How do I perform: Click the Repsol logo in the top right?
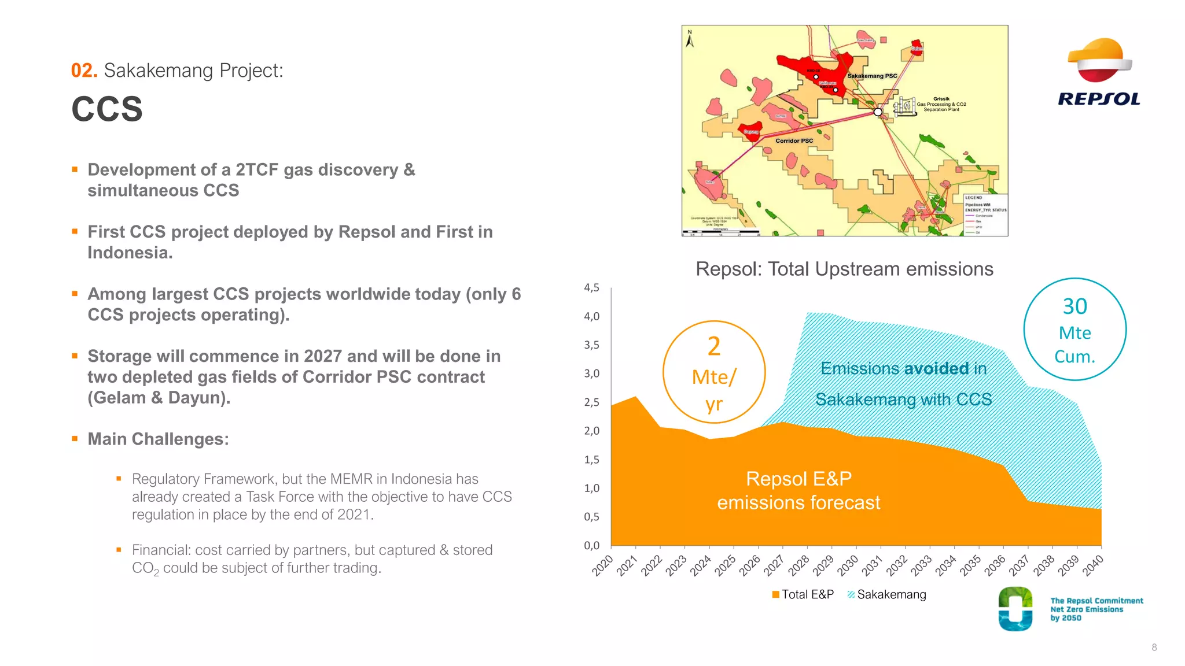pyautogui.click(x=1099, y=72)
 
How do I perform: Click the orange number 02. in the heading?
pyautogui.click(x=84, y=71)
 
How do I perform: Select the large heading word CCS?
pyautogui.click(x=107, y=109)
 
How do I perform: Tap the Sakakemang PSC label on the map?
pyautogui.click(x=872, y=76)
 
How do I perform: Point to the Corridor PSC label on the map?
pyautogui.click(x=794, y=140)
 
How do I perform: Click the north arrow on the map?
pyautogui.click(x=690, y=39)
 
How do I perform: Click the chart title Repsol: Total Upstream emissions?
pyautogui.click(x=844, y=269)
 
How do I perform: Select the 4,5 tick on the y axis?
pyautogui.click(x=591, y=287)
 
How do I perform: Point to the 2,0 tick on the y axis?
pyautogui.click(x=591, y=431)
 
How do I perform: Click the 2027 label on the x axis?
pyautogui.click(x=774, y=565)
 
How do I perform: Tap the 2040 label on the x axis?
pyautogui.click(x=1093, y=565)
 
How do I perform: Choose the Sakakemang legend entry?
pyautogui.click(x=886, y=594)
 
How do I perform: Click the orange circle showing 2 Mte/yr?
pyautogui.click(x=714, y=372)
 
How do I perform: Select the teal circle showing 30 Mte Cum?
pyautogui.click(x=1074, y=330)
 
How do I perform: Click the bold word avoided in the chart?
pyautogui.click(x=936, y=368)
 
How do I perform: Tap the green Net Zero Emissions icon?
pyautogui.click(x=1015, y=609)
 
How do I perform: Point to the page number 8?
pyautogui.click(x=1154, y=647)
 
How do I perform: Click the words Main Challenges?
pyautogui.click(x=158, y=439)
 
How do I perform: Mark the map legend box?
pyautogui.click(x=985, y=214)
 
